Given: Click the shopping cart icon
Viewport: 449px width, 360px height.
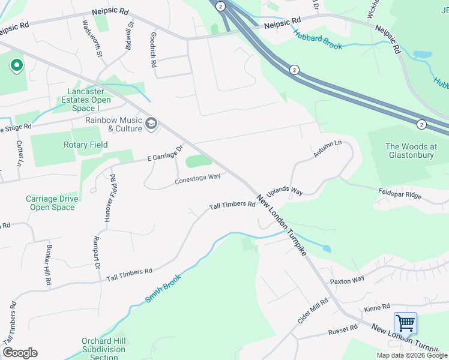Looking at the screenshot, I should pos(405,323).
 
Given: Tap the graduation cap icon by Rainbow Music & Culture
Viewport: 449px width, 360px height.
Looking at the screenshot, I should pos(151,124).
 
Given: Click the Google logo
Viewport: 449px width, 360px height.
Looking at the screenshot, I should pos(20,353).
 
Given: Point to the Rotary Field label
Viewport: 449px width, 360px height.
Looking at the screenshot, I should pos(86,145).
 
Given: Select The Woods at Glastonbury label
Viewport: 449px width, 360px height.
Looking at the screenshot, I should pos(411,151).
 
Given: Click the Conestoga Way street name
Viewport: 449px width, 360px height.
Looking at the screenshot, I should pos(197,177).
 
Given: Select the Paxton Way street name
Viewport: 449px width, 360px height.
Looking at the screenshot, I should pos(346,280).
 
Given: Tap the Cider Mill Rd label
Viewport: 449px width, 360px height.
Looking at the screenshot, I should pos(313,310).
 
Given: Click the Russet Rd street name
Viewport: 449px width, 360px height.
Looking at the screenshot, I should pos(342,330).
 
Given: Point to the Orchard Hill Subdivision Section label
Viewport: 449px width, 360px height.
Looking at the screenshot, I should pos(104,349).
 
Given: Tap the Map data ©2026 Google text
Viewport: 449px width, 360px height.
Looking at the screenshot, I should pos(412,355).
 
